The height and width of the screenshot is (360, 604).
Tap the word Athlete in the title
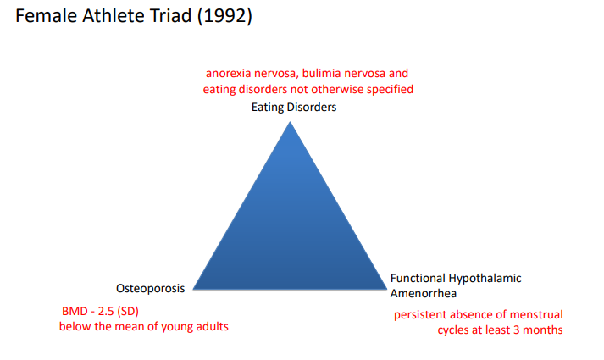(x=114, y=17)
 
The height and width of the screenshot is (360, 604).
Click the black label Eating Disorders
(x=294, y=108)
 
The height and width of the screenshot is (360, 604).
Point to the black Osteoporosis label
(x=151, y=287)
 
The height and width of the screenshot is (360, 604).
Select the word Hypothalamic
(x=485, y=278)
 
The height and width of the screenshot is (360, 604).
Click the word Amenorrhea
(x=424, y=294)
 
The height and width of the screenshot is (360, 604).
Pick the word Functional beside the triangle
(x=418, y=278)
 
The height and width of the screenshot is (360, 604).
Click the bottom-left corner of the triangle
(x=194, y=290)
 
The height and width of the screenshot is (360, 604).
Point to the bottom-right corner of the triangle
(x=386, y=290)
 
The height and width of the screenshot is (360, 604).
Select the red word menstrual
(x=532, y=315)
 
